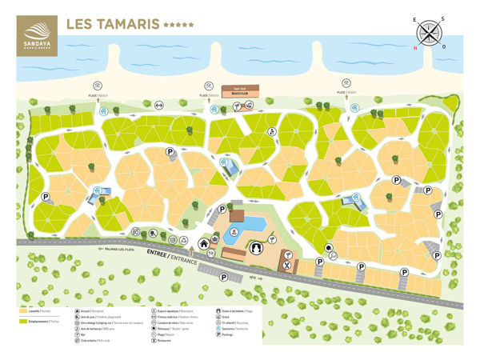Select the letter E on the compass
pyautogui.click(x=415, y=19)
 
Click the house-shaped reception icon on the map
pyautogui.click(x=204, y=244)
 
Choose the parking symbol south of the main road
pyautogui.click(x=223, y=278)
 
